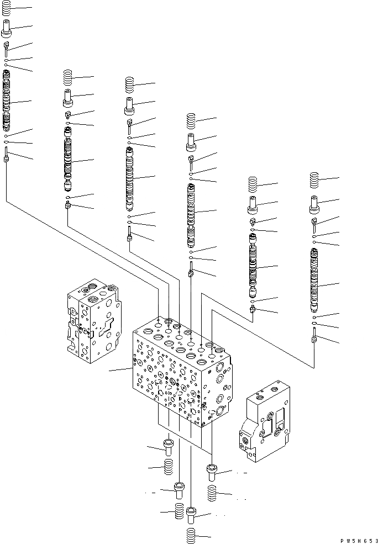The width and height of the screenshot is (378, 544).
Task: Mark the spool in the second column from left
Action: [68, 160]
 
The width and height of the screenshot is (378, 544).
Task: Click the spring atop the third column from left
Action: [130, 85]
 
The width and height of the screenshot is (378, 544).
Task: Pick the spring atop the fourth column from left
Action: [191, 120]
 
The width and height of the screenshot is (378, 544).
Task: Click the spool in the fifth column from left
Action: [253, 265]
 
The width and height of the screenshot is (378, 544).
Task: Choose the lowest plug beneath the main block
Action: [191, 516]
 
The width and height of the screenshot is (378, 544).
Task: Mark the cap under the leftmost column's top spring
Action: [7, 27]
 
